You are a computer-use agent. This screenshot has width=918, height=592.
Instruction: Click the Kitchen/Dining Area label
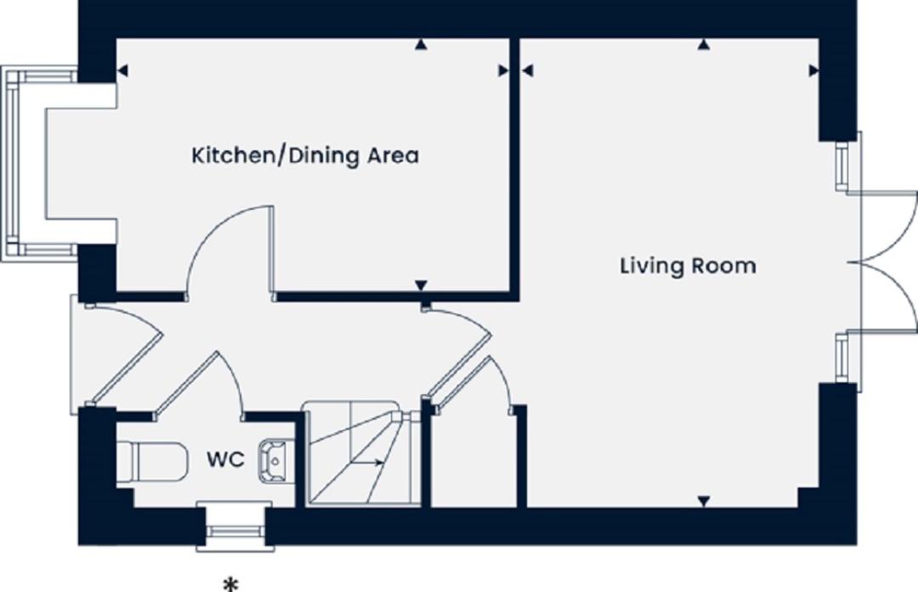[x=305, y=156]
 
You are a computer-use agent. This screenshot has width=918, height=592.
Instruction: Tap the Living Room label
[x=688, y=266]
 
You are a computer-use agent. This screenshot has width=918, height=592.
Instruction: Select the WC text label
[x=225, y=460]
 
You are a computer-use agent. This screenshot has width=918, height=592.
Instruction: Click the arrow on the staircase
[x=368, y=462]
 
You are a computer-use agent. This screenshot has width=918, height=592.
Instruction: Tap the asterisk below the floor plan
[x=232, y=584]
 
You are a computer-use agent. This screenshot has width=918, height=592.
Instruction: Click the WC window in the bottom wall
[x=235, y=527]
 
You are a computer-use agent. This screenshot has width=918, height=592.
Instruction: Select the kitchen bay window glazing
[x=12, y=164]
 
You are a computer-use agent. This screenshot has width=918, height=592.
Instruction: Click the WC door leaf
[x=186, y=384]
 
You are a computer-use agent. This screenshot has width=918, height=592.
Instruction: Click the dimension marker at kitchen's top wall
[x=420, y=44]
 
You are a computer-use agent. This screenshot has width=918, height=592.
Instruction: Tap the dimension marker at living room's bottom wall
[x=704, y=501]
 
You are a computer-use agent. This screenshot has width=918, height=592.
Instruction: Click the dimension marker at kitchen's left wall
[x=122, y=70]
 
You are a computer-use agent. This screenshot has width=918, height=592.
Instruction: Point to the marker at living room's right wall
[x=813, y=70]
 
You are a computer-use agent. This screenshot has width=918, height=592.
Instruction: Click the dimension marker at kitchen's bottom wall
[x=421, y=285]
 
